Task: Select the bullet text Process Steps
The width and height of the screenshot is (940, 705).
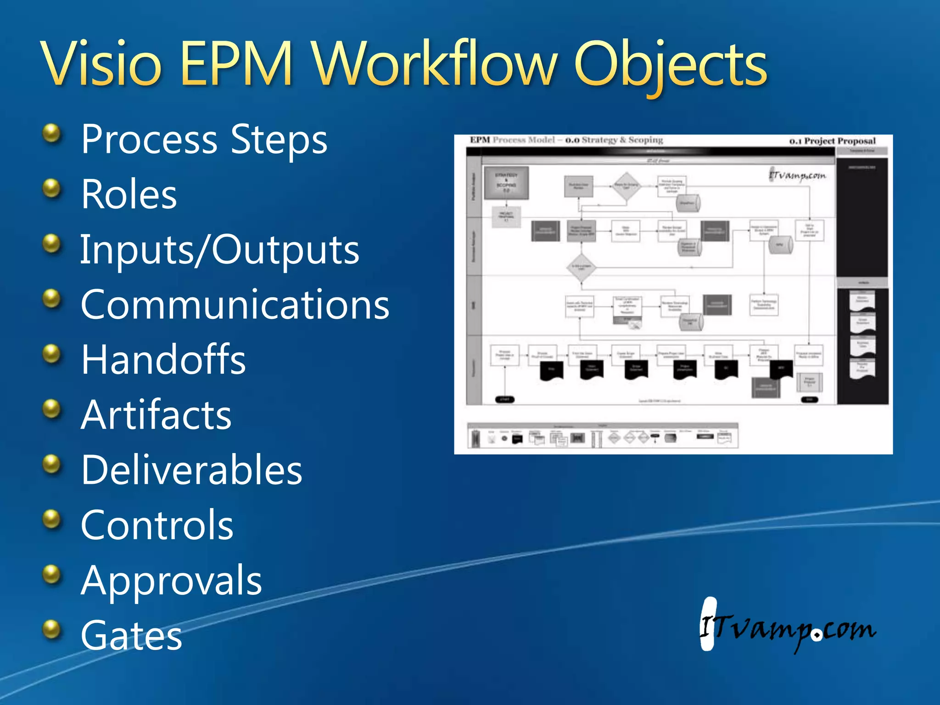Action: pyautogui.click(x=204, y=139)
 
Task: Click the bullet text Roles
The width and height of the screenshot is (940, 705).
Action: pyautogui.click(x=129, y=195)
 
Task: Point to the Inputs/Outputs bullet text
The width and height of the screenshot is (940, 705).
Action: pyautogui.click(x=219, y=250)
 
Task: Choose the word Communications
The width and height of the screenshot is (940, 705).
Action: pyautogui.click(x=235, y=305)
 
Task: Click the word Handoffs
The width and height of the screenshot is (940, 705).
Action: pyautogui.click(x=163, y=360)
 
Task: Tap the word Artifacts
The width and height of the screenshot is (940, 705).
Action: pyautogui.click(x=156, y=415)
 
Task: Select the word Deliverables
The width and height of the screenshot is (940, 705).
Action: pyautogui.click(x=191, y=470)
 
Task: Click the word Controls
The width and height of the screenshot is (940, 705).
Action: pyautogui.click(x=157, y=525)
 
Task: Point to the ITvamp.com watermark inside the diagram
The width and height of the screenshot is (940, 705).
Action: pyautogui.click(x=797, y=175)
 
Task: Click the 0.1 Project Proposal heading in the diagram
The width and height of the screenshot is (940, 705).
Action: pyautogui.click(x=832, y=141)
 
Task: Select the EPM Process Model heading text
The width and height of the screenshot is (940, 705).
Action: pyautogui.click(x=512, y=140)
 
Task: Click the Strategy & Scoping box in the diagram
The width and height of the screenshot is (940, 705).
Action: pyautogui.click(x=506, y=183)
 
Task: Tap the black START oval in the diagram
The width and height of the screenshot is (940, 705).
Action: pyautogui.click(x=504, y=399)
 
